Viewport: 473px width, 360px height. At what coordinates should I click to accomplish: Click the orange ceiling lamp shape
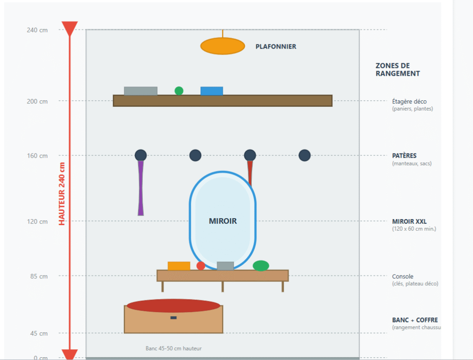click(x=222, y=46)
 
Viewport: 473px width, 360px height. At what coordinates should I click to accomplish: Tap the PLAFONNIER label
click(x=276, y=47)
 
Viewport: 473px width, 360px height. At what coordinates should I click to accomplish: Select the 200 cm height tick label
click(x=37, y=101)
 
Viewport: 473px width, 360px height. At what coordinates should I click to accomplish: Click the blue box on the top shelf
click(x=212, y=91)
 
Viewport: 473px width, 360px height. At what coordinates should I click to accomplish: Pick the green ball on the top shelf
click(x=179, y=91)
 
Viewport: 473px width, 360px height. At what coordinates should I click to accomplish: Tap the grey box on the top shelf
click(x=140, y=91)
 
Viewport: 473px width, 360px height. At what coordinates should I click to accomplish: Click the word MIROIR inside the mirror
click(x=223, y=221)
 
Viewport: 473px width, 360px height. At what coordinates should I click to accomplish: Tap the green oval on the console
click(x=261, y=266)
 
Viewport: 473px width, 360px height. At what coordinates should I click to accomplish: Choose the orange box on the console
click(x=179, y=266)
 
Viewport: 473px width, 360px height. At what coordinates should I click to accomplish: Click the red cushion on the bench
click(x=173, y=306)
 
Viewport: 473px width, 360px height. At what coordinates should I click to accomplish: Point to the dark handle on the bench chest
click(x=174, y=317)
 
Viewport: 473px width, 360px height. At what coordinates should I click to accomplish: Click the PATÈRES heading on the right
click(x=404, y=156)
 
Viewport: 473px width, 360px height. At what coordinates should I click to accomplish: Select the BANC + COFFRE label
click(x=415, y=320)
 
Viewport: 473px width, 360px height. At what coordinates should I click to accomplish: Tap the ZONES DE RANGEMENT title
click(x=398, y=69)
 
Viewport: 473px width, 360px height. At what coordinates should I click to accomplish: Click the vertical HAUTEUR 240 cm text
click(x=62, y=193)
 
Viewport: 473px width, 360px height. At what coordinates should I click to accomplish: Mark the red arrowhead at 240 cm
click(x=70, y=29)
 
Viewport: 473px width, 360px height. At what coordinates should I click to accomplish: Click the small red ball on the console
click(x=200, y=266)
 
